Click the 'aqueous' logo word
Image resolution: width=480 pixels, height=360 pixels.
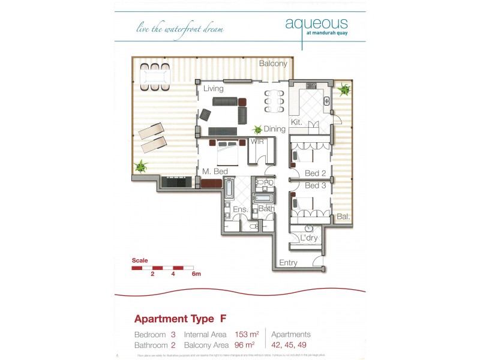(x=316, y=23)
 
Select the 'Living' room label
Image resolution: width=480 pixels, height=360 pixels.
(x=213, y=89)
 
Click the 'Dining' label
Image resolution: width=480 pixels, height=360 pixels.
(x=274, y=129)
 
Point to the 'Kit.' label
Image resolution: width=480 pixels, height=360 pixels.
(x=296, y=122)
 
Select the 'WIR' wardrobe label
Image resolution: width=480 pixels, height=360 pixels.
(x=258, y=142)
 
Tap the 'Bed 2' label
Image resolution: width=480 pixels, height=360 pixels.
(x=315, y=173)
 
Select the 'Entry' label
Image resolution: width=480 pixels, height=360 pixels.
(x=288, y=263)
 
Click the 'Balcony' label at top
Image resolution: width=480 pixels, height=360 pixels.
(x=273, y=64)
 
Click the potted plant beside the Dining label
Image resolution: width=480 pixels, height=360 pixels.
(x=258, y=128)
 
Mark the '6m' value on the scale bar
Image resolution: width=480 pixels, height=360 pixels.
(x=196, y=274)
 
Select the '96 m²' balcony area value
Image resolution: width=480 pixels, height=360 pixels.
(x=245, y=345)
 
